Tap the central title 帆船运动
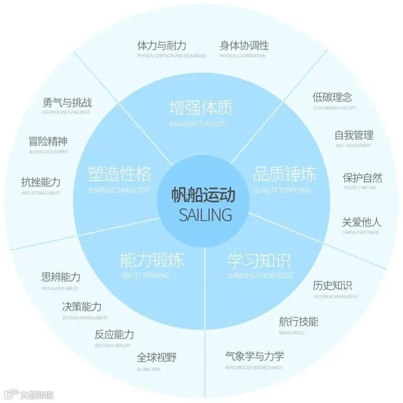pyautogui.click(x=203, y=195)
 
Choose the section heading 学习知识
pyautogui.click(x=258, y=259)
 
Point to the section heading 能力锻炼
pyautogui.click(x=151, y=259)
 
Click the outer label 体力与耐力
pyautogui.click(x=162, y=46)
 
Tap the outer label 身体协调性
pyautogui.click(x=244, y=46)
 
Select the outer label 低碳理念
pyautogui.click(x=332, y=97)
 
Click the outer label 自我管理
pyautogui.click(x=353, y=135)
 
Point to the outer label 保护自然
pyautogui.click(x=362, y=178)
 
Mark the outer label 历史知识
pyautogui.click(x=332, y=285)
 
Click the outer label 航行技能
pyautogui.click(x=298, y=321)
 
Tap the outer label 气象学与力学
pyautogui.click(x=254, y=356)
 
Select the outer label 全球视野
pyautogui.click(x=156, y=357)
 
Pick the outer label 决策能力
pyautogui.click(x=82, y=306)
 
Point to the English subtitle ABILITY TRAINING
pyautogui.click(x=145, y=275)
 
